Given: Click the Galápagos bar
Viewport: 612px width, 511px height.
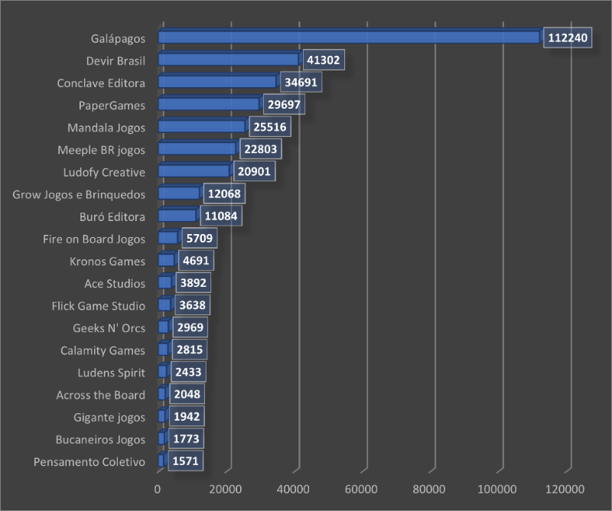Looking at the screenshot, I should coord(349,37).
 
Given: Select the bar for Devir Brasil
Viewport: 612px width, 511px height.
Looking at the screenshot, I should coord(228,60).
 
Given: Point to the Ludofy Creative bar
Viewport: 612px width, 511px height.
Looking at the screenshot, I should coord(194,171).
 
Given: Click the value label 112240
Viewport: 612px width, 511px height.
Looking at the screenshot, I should coord(568,38).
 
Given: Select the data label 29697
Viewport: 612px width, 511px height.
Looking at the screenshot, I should coord(283,105).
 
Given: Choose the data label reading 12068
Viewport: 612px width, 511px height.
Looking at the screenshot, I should coord(223,194).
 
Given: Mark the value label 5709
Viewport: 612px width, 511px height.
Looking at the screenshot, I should coord(198,239).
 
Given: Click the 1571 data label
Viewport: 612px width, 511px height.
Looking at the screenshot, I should coord(185,462).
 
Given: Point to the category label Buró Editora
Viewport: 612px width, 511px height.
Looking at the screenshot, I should coord(112,216).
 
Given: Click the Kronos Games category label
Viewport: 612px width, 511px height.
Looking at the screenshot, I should coord(106,261).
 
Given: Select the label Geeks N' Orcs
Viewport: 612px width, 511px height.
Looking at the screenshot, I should coord(109,328).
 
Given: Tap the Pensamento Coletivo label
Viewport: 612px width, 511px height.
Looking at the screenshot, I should coord(90,462).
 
